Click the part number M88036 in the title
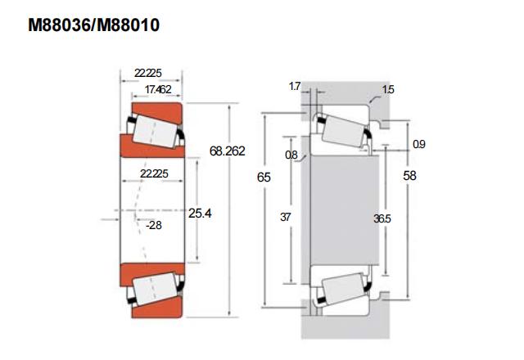tap(60, 25)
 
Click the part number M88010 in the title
tap(126, 25)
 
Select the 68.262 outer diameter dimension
tap(228, 151)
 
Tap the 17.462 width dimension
tap(157, 90)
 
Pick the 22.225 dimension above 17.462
tap(151, 74)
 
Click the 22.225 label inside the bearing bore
tap(154, 174)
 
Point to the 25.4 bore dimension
tap(201, 214)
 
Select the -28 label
tap(154, 224)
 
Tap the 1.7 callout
tap(296, 85)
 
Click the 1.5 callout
tap(388, 90)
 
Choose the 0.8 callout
tap(292, 155)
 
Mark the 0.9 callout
tap(419, 144)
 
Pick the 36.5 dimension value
tap(382, 218)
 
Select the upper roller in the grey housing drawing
tap(343, 129)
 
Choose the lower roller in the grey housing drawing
tap(343, 287)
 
